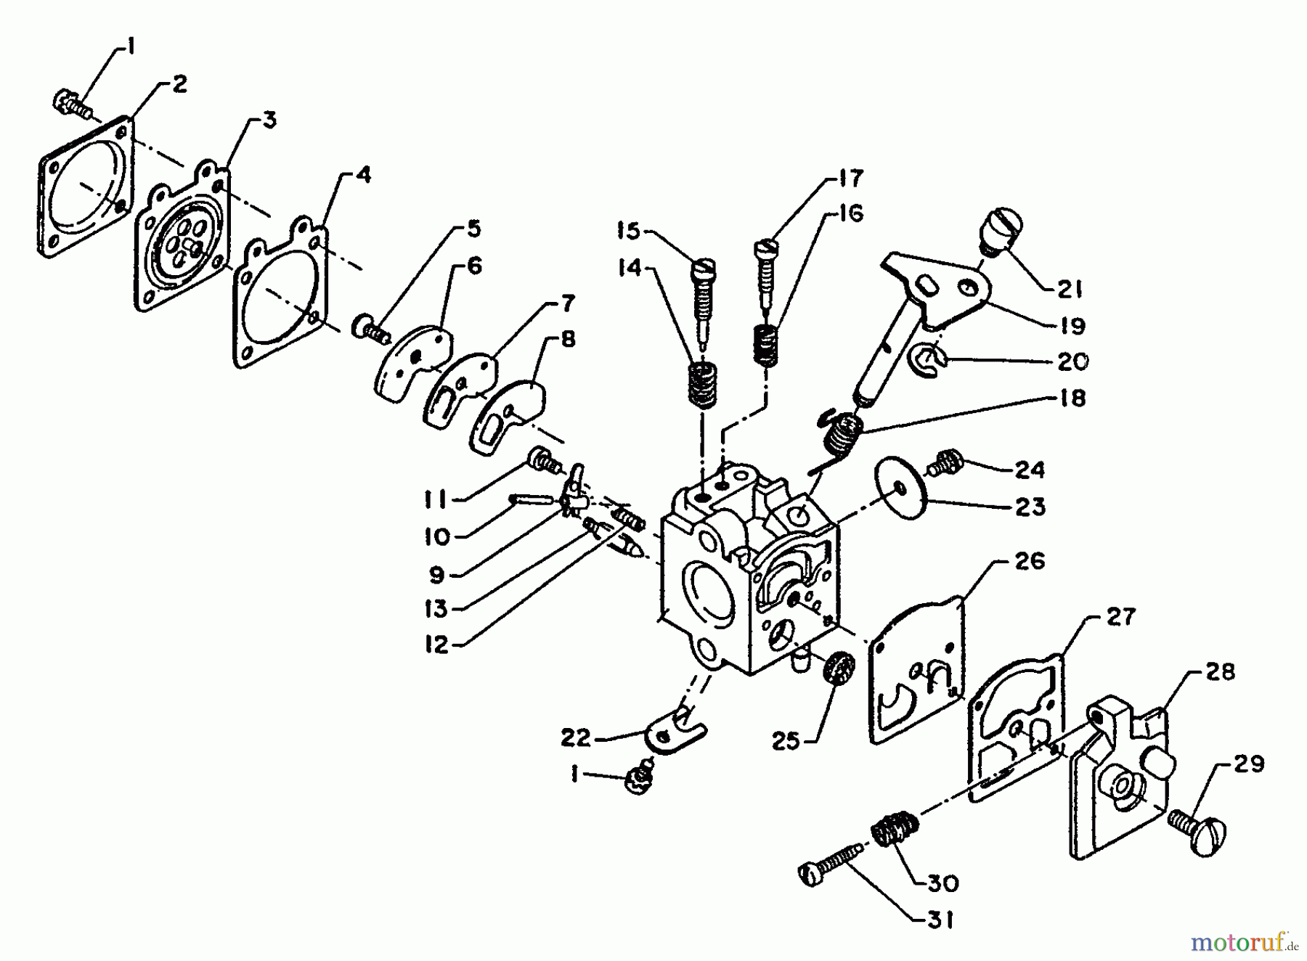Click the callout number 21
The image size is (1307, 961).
1069,289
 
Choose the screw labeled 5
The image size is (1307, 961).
370,330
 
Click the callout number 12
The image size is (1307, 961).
436,645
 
